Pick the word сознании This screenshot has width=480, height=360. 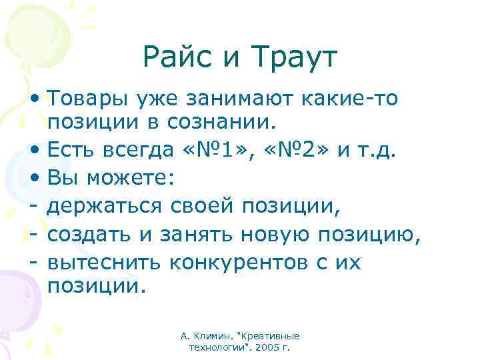pyautogui.click(x=226, y=123)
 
